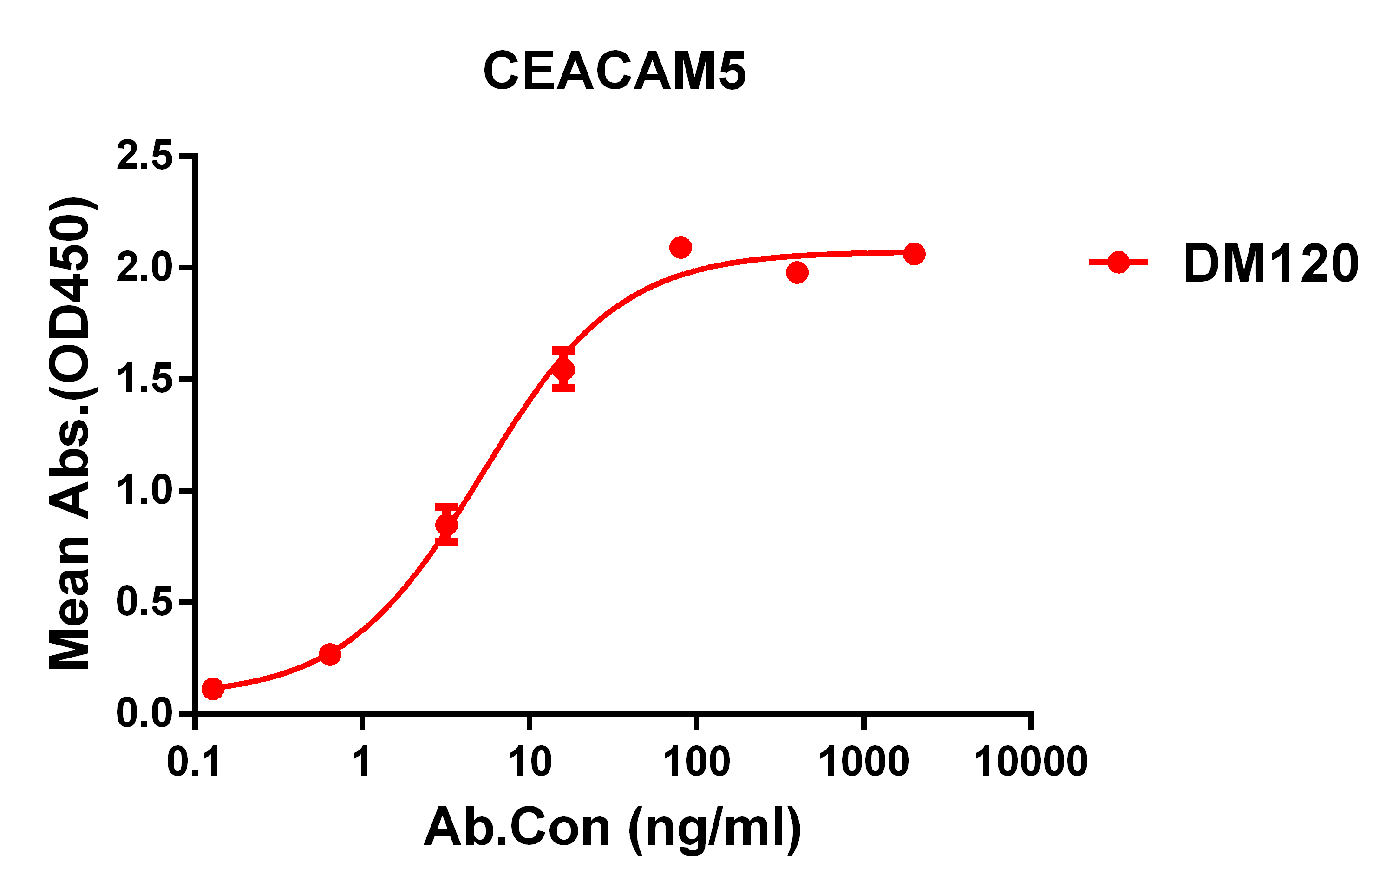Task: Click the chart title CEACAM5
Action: [614, 71]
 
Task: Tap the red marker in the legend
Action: [1118, 263]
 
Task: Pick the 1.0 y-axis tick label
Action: [144, 491]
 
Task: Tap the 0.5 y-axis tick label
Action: [144, 602]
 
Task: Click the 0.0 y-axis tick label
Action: [144, 714]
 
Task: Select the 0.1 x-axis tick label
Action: [194, 762]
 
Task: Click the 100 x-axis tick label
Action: [697, 762]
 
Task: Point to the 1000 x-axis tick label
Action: [864, 762]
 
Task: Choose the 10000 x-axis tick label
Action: [1031, 762]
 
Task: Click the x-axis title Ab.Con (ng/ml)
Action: [613, 828]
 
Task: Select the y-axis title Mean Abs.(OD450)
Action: [70, 433]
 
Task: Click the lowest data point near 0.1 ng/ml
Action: [213, 689]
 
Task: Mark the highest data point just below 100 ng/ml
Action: [680, 248]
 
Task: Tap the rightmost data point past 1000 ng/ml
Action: [914, 254]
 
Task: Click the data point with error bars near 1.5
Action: [563, 369]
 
